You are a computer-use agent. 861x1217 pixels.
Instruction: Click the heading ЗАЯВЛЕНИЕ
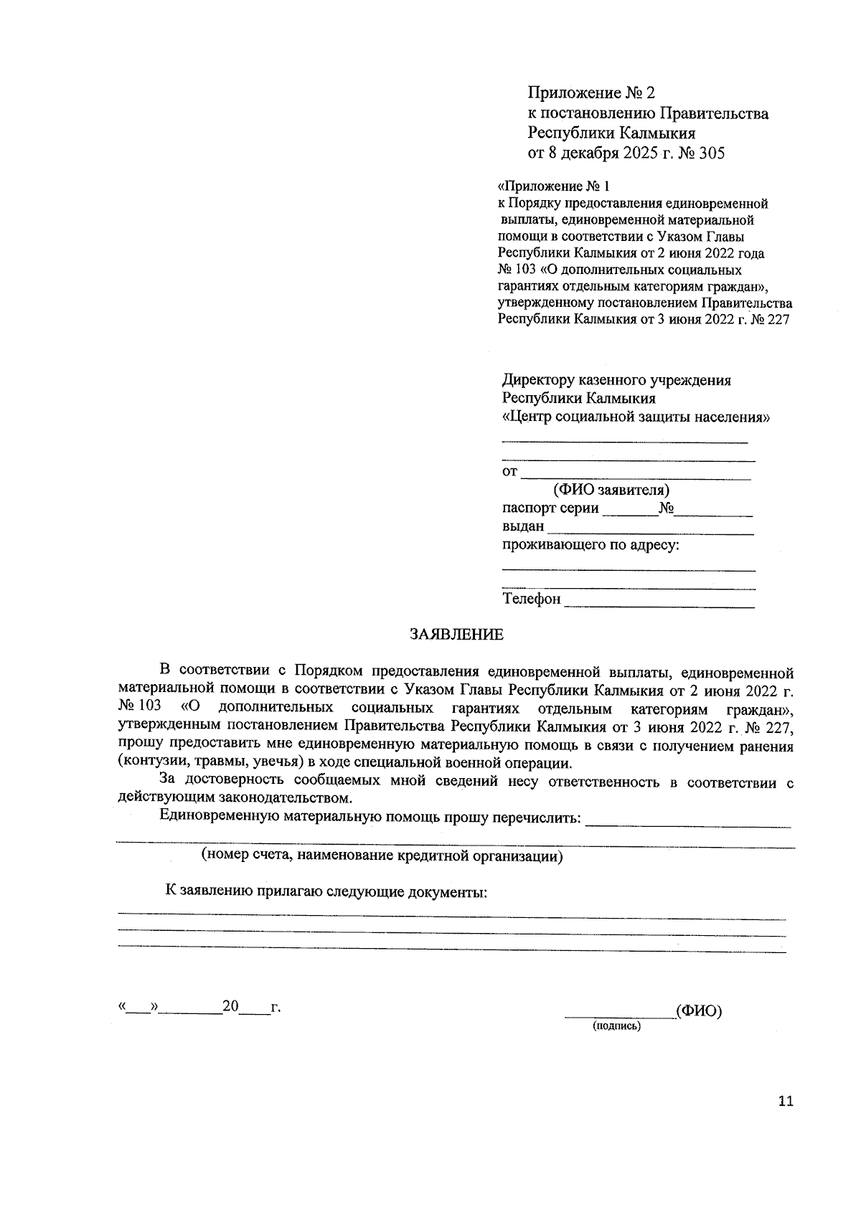click(456, 635)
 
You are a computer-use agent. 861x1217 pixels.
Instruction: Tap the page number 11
click(786, 1102)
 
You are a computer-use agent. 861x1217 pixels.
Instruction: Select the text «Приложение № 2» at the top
click(591, 93)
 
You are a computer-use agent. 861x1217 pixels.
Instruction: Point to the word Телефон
click(531, 599)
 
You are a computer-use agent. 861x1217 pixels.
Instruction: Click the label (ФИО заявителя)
click(611, 490)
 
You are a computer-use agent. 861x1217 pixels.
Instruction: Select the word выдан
click(523, 526)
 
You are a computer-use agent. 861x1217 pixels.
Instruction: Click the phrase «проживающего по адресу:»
click(591, 545)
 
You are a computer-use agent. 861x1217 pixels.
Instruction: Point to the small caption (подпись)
click(616, 1026)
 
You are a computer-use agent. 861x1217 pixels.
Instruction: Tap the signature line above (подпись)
click(619, 1014)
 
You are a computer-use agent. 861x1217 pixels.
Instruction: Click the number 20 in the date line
click(230, 1007)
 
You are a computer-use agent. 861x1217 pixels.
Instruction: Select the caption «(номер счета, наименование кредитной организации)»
click(382, 856)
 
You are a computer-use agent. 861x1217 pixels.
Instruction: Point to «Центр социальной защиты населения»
click(636, 417)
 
